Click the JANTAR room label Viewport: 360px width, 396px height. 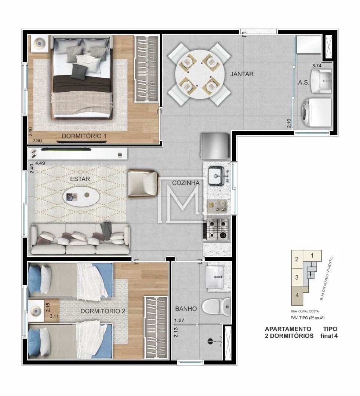tap(242, 74)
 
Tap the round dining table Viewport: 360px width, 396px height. tap(199, 74)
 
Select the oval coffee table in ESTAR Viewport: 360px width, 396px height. tap(81, 196)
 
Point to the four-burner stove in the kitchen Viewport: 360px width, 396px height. tap(217, 229)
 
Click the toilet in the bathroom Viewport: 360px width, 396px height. tap(217, 307)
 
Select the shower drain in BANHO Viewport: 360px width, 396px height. tap(210, 341)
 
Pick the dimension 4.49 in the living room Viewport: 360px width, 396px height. tap(40, 163)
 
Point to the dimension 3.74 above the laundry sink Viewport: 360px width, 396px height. tap(317, 66)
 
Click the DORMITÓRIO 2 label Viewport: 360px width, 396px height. tap(103, 311)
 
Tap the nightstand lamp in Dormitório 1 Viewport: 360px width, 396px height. tap(39, 43)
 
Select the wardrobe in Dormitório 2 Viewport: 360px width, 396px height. tap(156, 327)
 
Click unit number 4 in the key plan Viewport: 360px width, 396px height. tap(297, 295)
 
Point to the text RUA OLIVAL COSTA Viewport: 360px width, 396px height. tap(305, 311)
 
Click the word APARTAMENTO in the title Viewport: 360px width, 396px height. tap(288, 329)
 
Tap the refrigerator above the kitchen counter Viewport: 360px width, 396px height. tap(215, 146)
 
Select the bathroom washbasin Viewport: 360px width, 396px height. tap(215, 277)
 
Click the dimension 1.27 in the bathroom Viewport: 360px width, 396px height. tap(179, 320)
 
